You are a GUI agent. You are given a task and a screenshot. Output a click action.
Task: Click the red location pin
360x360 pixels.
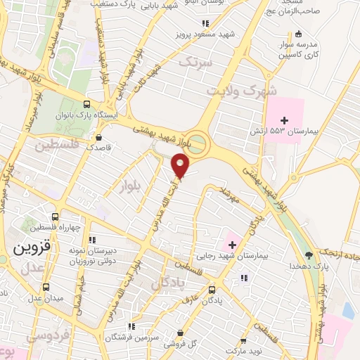(181, 165)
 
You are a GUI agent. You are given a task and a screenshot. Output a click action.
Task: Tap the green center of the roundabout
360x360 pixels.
(198, 143)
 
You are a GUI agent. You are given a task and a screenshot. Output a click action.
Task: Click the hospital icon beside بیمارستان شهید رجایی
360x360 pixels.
(231, 245)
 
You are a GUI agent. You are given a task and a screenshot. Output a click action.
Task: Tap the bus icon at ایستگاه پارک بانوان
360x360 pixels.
(86, 103)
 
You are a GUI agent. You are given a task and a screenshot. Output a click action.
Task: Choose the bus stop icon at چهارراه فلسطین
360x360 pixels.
(55, 216)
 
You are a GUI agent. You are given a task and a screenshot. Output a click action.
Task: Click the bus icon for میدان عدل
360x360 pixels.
(46, 287)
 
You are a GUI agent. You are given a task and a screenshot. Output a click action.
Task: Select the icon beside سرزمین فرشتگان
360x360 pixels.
(133, 326)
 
